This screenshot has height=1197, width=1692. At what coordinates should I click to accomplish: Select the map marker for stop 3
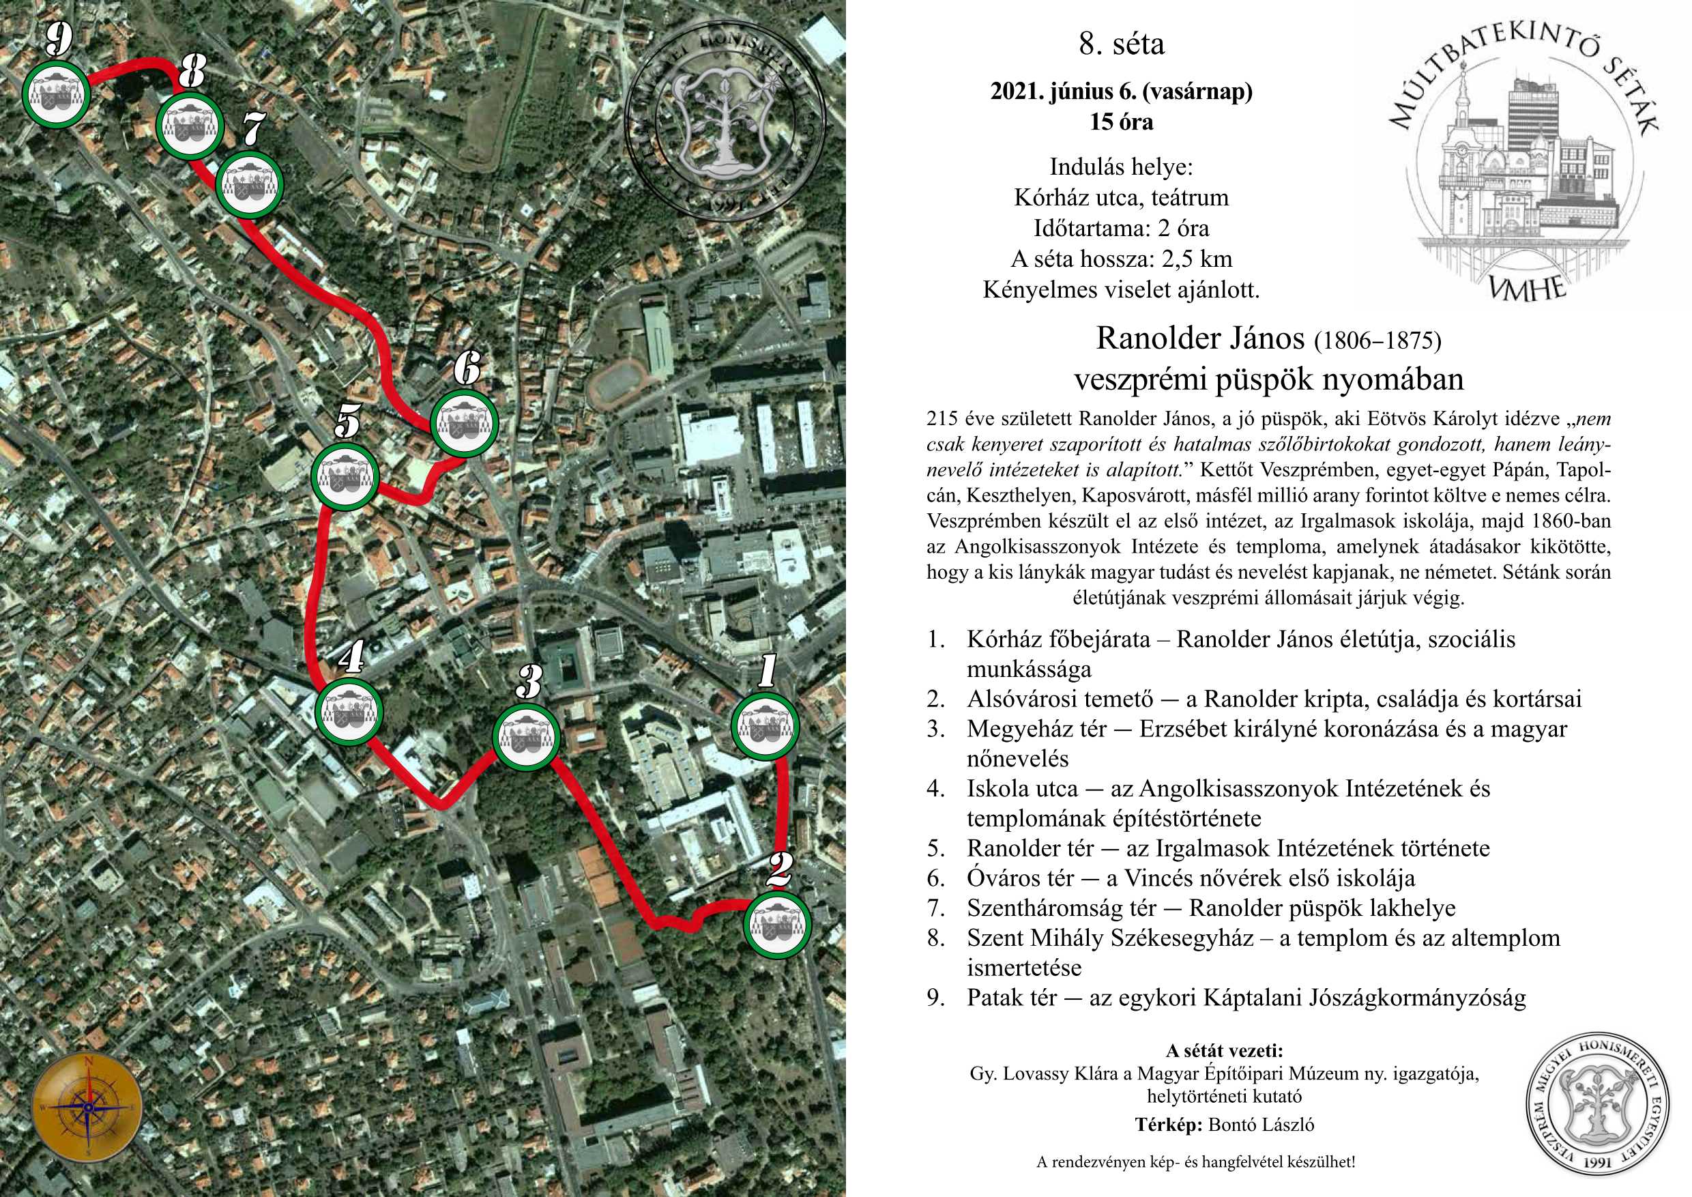(x=525, y=738)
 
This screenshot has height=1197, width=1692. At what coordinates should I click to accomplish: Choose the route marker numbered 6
(x=464, y=423)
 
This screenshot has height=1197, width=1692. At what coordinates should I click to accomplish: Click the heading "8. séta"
(x=1121, y=45)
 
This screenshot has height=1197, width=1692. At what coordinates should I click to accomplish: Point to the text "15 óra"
(x=1121, y=122)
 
